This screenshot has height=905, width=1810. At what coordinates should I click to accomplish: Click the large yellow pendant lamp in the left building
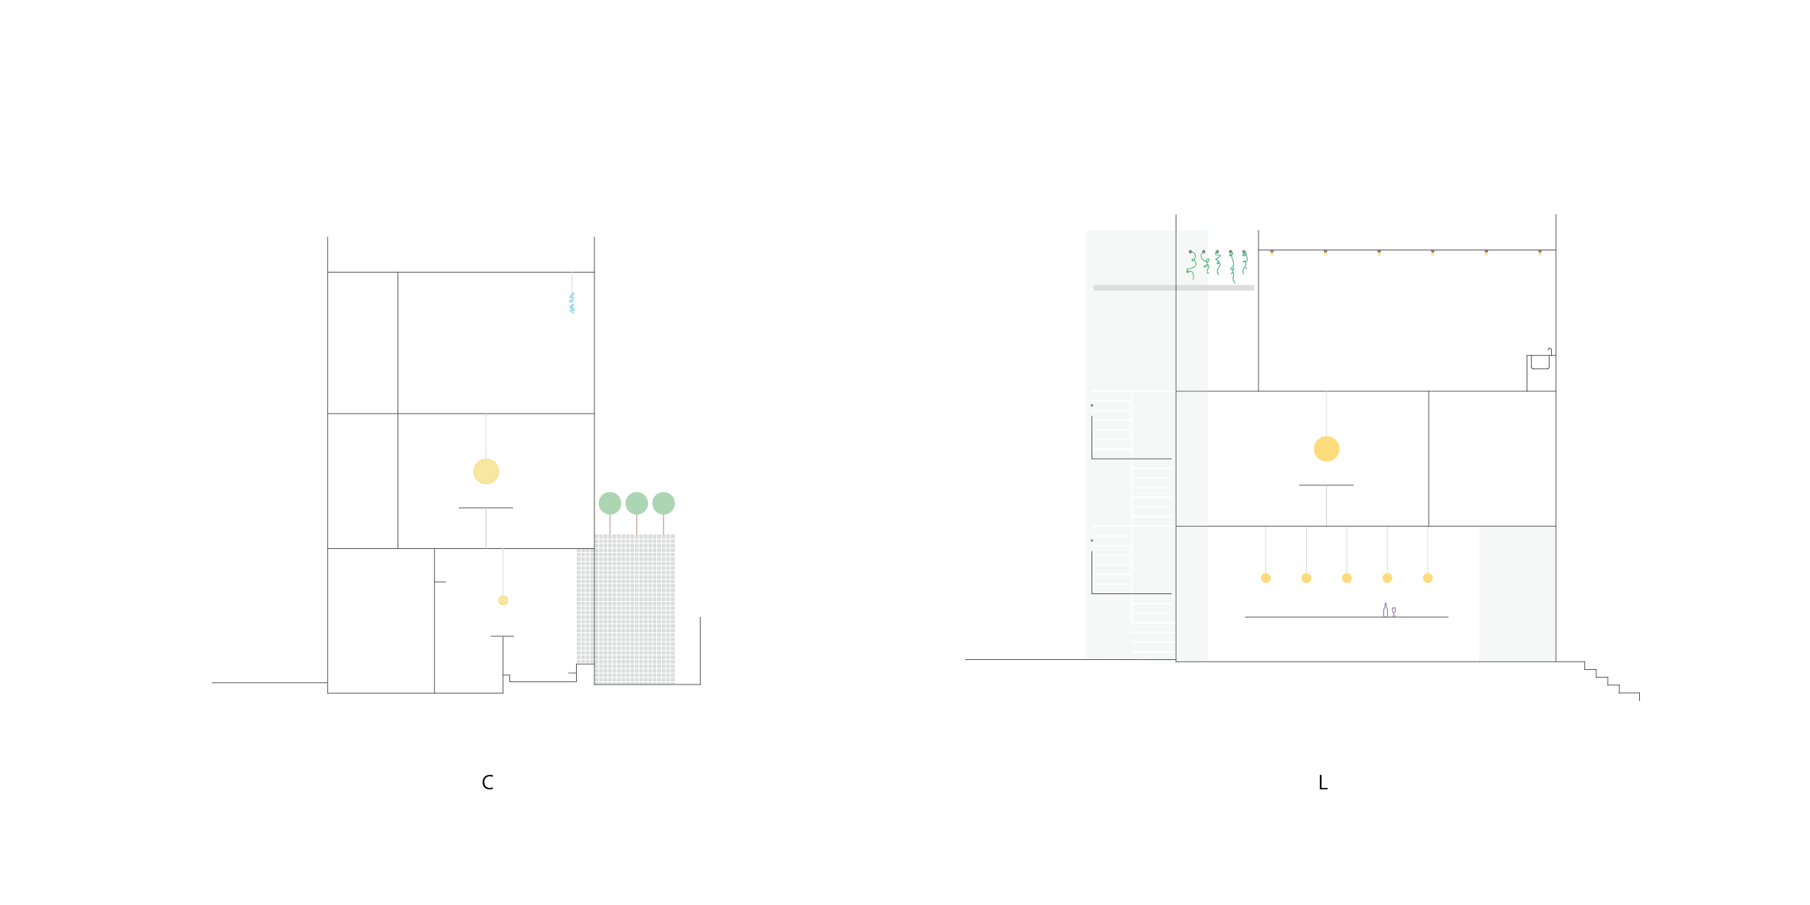[486, 472]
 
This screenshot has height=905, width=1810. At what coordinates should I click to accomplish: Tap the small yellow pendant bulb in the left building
[503, 600]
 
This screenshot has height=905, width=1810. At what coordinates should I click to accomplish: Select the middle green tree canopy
[637, 503]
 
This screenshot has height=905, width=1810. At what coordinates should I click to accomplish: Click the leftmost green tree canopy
[610, 503]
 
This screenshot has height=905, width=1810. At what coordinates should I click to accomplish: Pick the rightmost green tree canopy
[663, 503]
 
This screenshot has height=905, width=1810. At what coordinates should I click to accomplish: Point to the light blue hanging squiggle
[571, 303]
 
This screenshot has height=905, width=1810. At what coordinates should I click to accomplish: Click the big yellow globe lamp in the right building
[1327, 449]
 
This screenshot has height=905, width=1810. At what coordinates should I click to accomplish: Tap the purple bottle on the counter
[1385, 609]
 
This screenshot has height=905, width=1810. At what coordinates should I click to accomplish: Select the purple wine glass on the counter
[1394, 612]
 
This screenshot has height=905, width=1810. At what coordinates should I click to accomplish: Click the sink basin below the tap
[1540, 362]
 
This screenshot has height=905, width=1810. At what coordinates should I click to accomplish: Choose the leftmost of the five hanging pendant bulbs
[1265, 578]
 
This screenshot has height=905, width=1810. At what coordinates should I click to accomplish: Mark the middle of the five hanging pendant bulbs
[1347, 578]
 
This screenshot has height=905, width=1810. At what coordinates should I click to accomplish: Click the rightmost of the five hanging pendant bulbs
[1428, 578]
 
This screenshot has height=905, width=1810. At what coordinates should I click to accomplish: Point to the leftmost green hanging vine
[1192, 263]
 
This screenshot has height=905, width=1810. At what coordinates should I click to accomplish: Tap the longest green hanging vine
[1232, 266]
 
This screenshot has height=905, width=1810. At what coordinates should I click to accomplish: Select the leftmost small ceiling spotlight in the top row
[1272, 253]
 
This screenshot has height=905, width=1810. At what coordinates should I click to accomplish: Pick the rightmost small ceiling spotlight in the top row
[1540, 253]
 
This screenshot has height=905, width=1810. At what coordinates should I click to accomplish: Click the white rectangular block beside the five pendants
[1517, 593]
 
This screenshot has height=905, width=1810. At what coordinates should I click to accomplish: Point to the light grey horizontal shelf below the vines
[1173, 288]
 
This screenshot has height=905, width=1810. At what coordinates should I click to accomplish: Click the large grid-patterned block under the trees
[634, 609]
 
